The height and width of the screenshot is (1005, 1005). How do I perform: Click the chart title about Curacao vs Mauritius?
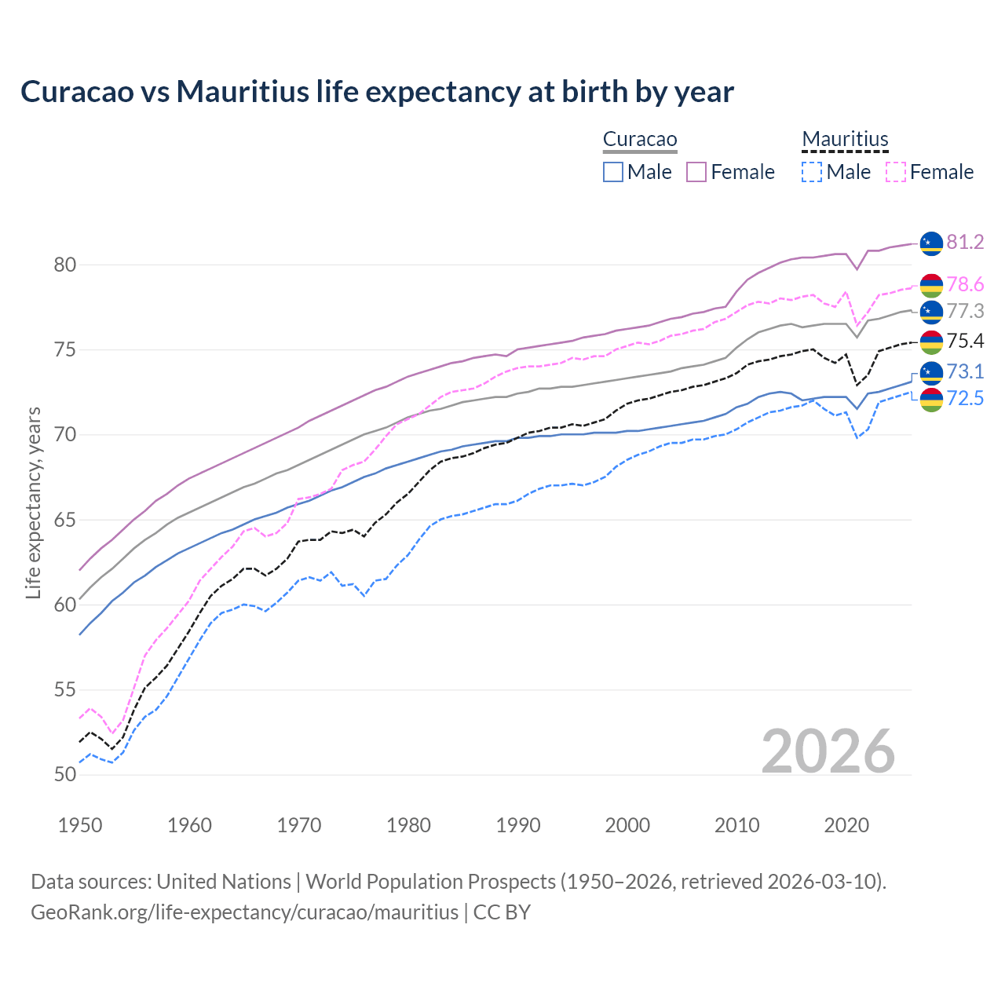pos(377,92)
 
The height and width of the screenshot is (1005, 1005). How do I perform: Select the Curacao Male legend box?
pos(613,172)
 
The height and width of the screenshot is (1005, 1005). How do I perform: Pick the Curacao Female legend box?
pos(697,172)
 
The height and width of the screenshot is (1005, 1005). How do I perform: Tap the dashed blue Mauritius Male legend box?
pos(812,172)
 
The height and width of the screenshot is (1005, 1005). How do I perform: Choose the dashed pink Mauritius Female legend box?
pos(896,172)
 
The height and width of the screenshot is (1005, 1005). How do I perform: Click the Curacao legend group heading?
pos(640,140)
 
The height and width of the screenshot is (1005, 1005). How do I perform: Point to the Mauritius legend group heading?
pos(845,140)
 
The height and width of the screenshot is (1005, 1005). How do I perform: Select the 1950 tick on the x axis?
pos(80,825)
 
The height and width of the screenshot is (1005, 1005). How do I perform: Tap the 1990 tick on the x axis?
pos(518,825)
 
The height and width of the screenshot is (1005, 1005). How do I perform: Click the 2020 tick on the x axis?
pos(846,825)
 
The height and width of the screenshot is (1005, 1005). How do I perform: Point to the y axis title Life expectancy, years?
pos(33,502)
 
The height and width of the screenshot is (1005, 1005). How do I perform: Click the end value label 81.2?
pos(965,242)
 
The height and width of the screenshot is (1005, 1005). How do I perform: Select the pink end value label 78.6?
pos(965,284)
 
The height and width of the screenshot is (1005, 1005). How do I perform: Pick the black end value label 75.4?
pos(965,341)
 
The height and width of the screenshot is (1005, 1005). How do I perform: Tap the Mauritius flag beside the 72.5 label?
pos(931,400)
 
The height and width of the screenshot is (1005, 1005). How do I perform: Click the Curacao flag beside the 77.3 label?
pos(931,312)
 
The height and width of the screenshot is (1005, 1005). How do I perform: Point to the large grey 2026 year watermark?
pos(828,751)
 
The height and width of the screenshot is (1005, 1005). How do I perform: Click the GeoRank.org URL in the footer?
pos(244,912)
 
